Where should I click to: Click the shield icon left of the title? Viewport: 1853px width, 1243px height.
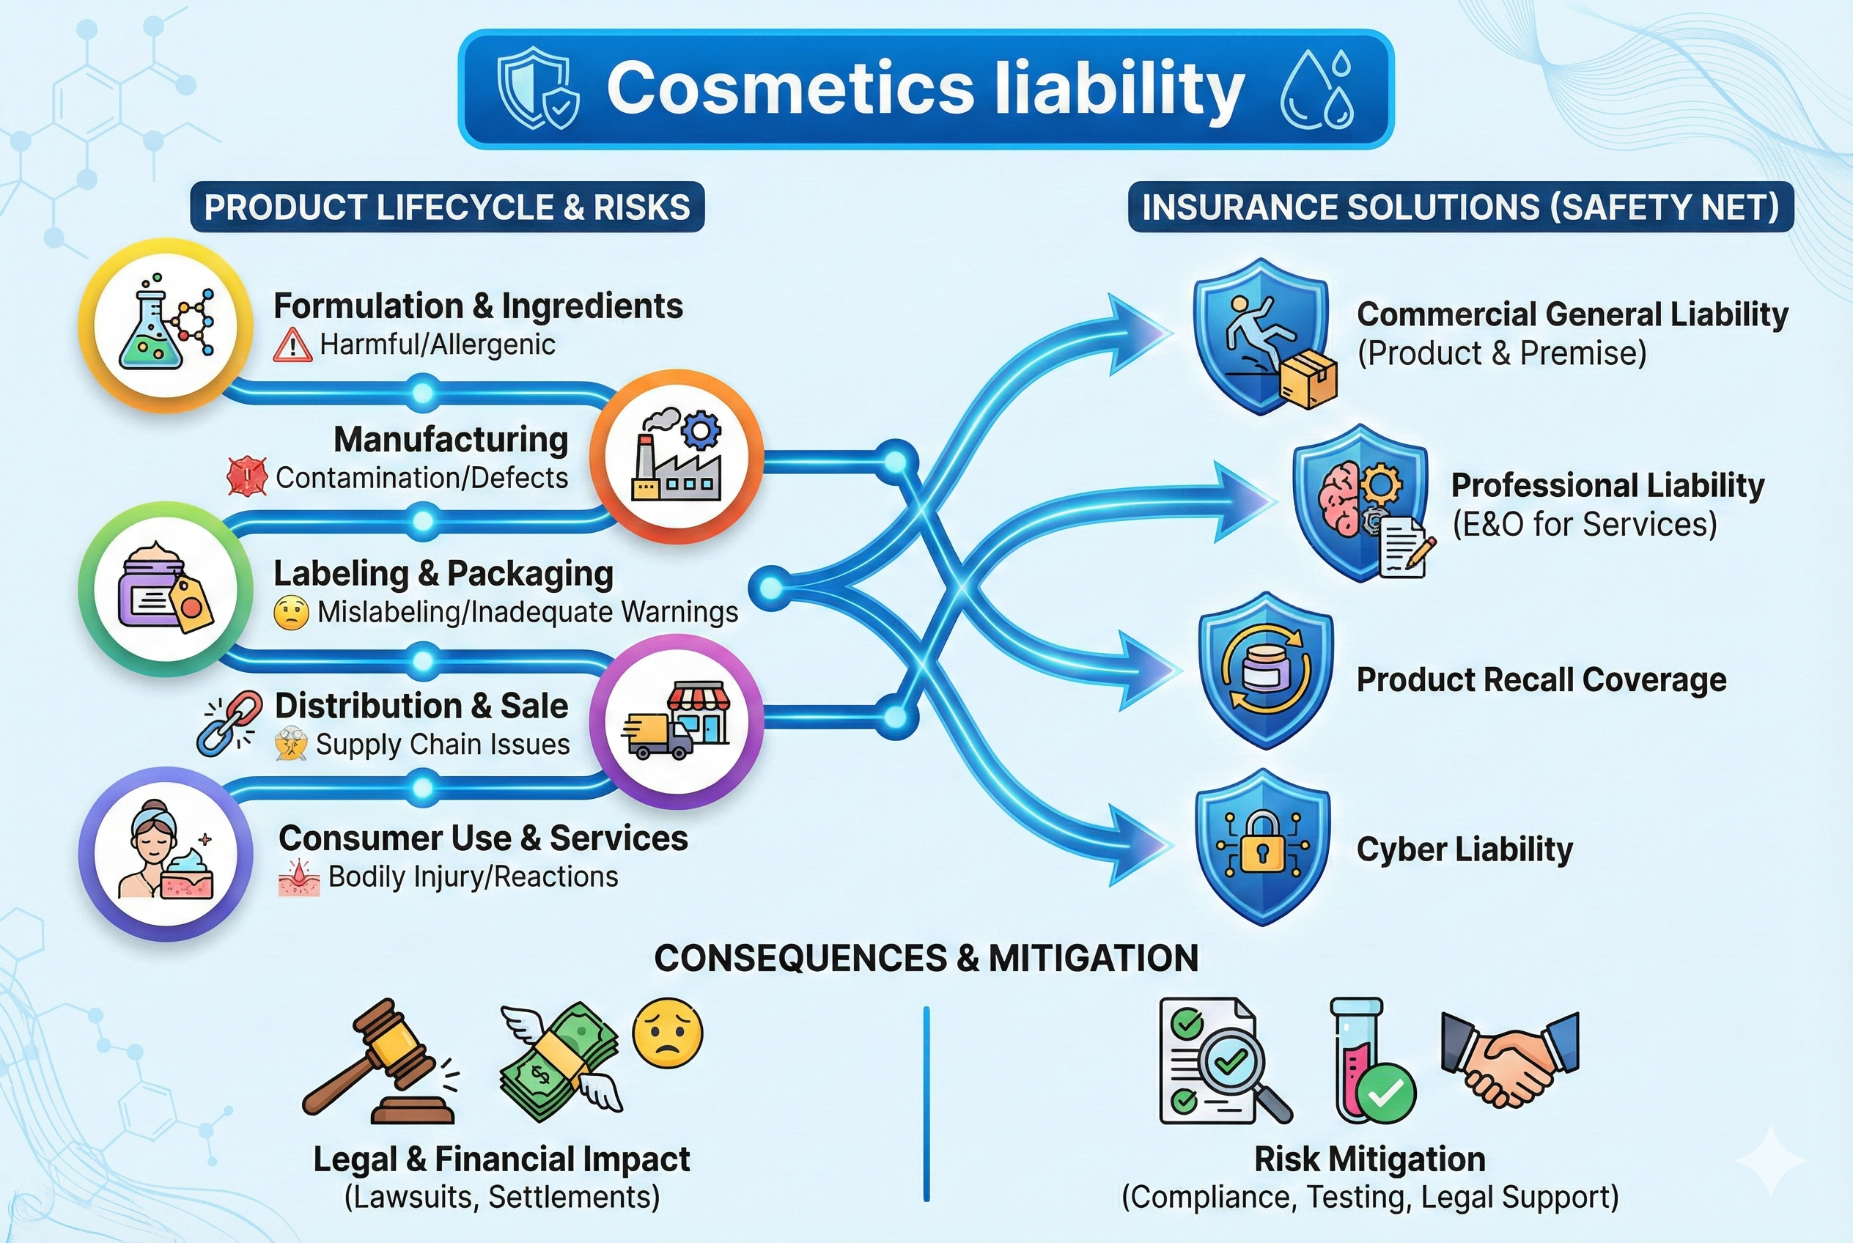(537, 88)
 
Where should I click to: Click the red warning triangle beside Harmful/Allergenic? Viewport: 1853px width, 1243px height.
(292, 345)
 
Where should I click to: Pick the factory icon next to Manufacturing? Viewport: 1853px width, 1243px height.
(677, 457)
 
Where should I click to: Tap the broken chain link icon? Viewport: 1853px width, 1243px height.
(229, 721)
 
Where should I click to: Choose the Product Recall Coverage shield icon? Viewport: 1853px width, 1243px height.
(1265, 671)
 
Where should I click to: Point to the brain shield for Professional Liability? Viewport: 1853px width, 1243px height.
(1360, 503)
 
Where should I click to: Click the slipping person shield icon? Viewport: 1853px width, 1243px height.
(1262, 336)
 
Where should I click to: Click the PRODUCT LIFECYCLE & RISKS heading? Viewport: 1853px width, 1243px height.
(446, 207)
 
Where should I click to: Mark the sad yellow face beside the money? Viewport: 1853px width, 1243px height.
(667, 1033)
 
